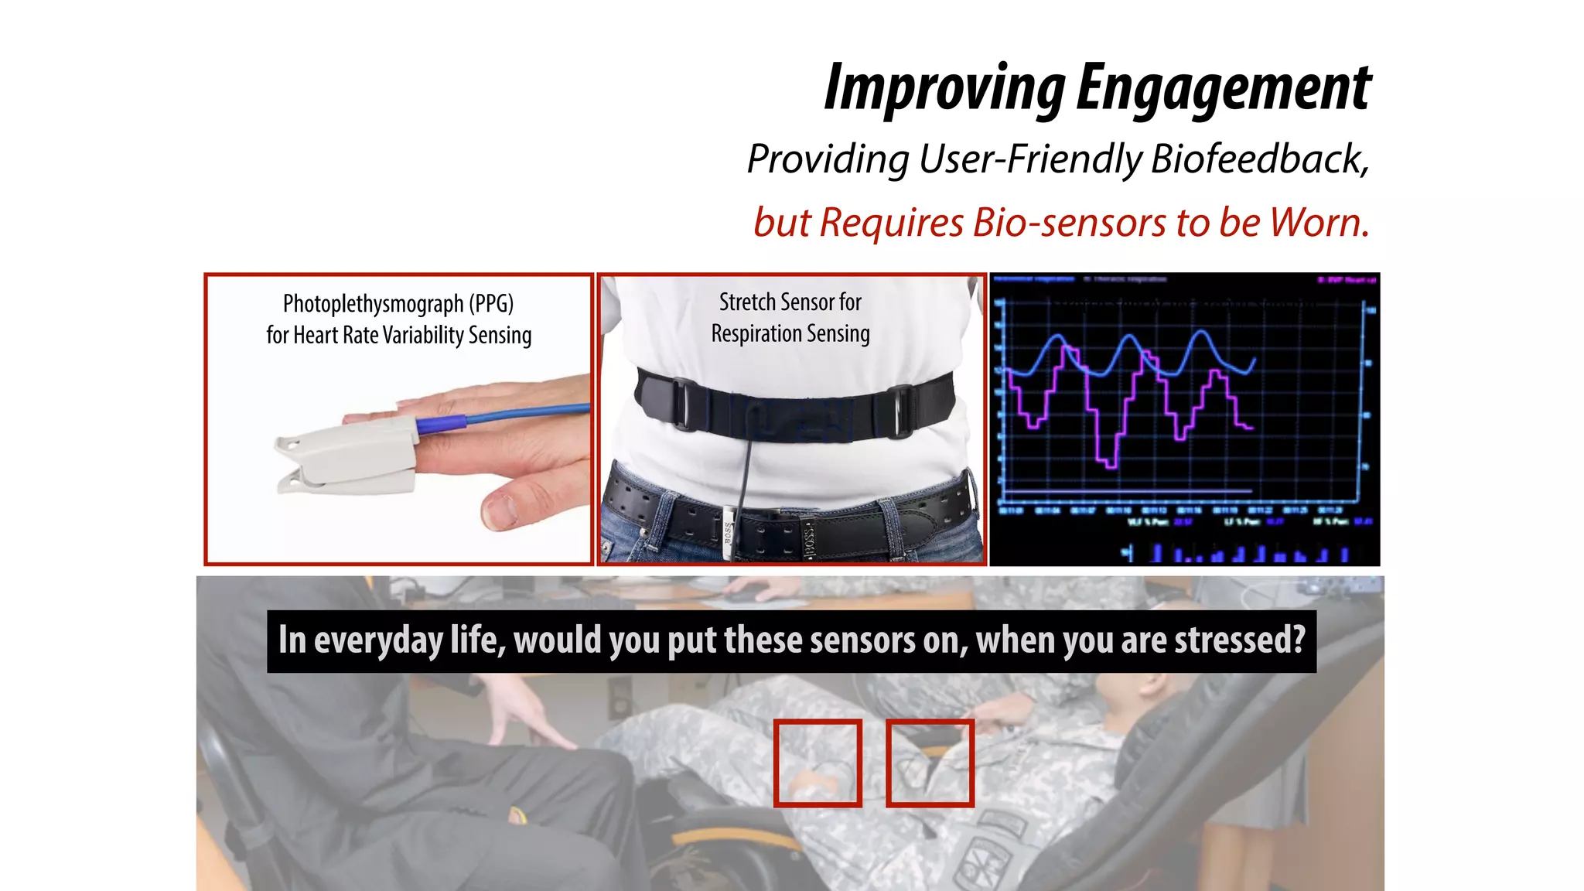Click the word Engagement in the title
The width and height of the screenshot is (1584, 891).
click(1224, 89)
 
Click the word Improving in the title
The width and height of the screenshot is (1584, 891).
click(944, 89)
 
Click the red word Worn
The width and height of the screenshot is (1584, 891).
click(1318, 223)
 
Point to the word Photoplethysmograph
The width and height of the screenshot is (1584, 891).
click(373, 304)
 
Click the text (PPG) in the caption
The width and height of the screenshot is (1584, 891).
click(491, 304)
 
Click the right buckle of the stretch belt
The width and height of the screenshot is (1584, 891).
click(900, 411)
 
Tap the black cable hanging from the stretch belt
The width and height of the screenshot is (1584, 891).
click(744, 480)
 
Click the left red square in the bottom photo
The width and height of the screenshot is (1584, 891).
click(818, 763)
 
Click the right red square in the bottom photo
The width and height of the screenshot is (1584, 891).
click(930, 763)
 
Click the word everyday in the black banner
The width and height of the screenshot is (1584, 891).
click(378, 641)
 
